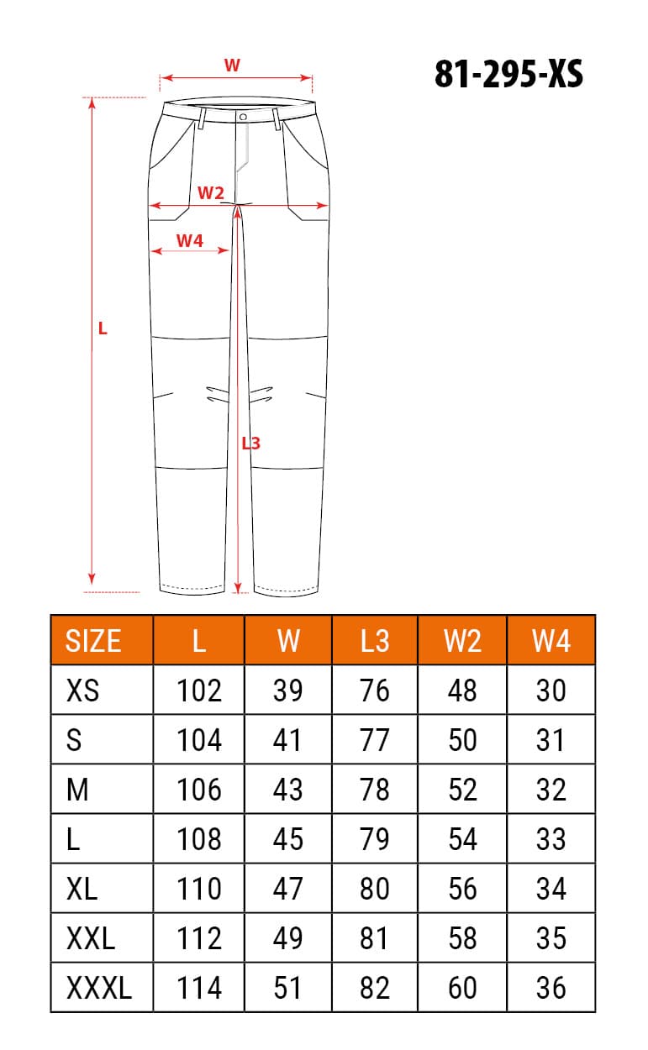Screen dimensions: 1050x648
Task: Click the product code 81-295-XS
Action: [508, 75]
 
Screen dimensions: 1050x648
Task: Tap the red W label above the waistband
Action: [233, 65]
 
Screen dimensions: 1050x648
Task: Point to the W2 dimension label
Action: [210, 193]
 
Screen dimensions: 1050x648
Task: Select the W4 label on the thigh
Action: [190, 240]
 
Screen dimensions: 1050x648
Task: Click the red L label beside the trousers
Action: [103, 328]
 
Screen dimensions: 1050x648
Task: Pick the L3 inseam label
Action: [250, 442]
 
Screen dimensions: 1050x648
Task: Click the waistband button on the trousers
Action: [242, 117]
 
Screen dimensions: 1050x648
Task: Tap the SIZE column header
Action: [93, 641]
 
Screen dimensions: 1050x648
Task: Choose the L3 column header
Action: [375, 641]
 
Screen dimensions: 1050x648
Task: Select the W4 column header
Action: [551, 641]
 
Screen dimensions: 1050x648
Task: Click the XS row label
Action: [82, 690]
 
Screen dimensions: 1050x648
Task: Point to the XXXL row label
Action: [99, 988]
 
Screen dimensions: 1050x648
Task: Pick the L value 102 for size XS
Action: [199, 690]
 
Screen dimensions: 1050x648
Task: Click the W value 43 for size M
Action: [287, 790]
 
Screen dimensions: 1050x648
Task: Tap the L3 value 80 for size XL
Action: [375, 889]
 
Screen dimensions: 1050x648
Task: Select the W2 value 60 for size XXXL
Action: [462, 988]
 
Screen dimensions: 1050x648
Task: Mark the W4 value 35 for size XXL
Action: [551, 938]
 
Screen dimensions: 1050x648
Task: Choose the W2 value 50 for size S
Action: [462, 740]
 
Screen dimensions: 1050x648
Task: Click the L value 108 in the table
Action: [199, 839]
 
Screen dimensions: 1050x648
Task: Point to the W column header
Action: [287, 641]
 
